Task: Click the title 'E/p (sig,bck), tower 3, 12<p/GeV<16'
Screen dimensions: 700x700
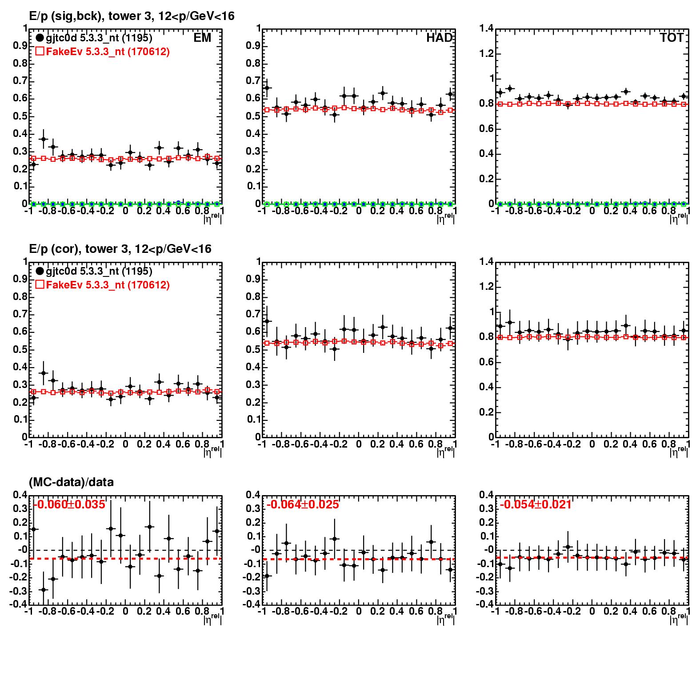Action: coord(132,16)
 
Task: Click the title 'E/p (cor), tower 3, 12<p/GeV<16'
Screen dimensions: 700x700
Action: coord(120,249)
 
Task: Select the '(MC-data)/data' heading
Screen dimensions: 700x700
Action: coord(71,482)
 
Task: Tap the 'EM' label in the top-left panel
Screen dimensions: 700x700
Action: coord(202,38)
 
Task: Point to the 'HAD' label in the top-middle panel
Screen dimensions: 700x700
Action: coord(439,38)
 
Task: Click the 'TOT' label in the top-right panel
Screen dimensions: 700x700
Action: coord(672,38)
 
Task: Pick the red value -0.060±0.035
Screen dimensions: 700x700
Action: coord(69,504)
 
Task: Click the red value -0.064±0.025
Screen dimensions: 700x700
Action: coord(303,504)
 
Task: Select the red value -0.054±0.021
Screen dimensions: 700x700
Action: coord(536,504)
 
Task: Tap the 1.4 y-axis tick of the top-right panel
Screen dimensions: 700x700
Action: coord(487,29)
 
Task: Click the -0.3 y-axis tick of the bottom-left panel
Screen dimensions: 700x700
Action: coord(19,591)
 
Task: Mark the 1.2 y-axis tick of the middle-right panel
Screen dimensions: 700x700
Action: coord(487,287)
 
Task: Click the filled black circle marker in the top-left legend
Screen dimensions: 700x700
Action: coord(40,38)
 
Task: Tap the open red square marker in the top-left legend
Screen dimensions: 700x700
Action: coord(40,52)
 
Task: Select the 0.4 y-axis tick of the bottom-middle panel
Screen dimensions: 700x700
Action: coord(253,495)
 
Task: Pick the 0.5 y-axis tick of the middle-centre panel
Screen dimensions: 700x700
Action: coord(253,349)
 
